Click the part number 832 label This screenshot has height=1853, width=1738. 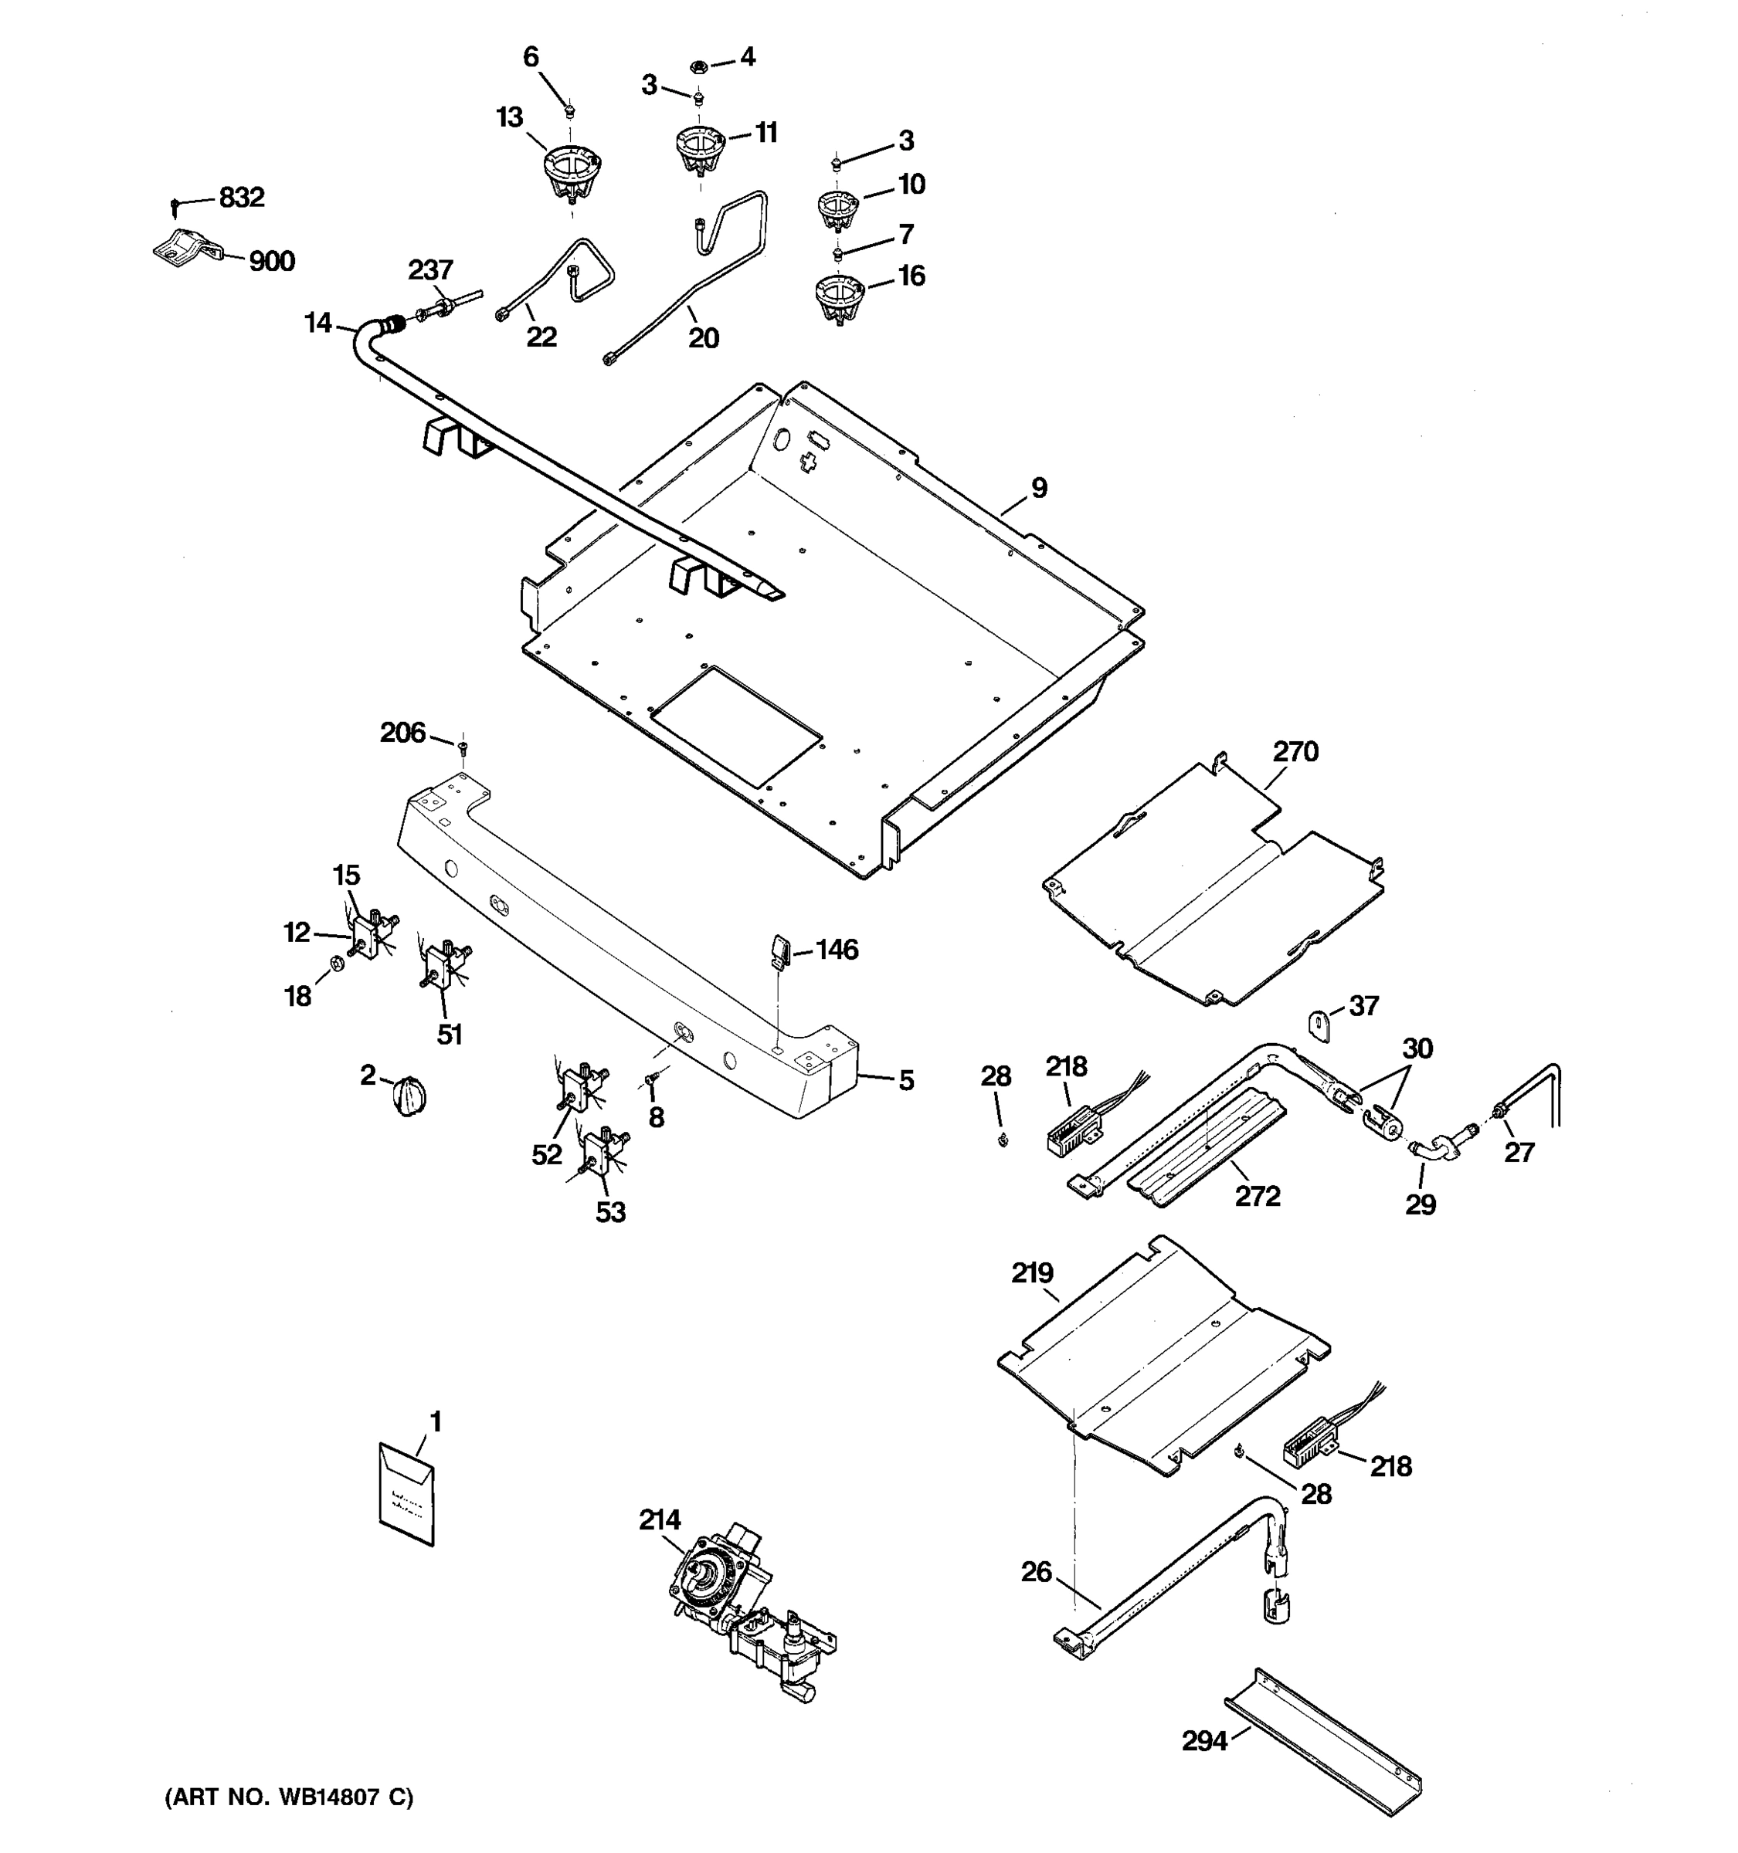242,198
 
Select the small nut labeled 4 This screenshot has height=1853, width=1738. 698,66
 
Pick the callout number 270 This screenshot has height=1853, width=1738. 1295,751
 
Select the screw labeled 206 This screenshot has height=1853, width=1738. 462,746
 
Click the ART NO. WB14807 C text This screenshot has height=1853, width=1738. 289,1798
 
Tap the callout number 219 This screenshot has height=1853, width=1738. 1032,1273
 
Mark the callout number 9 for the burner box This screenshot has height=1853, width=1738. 1039,487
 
